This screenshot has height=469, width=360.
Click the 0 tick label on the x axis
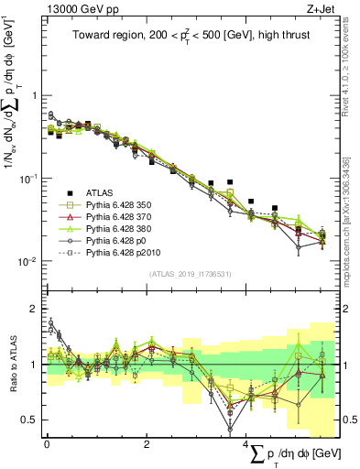[47, 444]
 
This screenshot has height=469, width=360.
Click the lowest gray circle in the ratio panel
[230, 429]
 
